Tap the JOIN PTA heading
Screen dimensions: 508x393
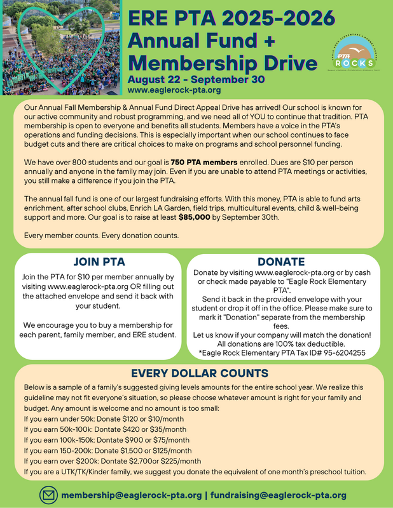pos(99,262)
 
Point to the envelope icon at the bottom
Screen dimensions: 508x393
pos(48,494)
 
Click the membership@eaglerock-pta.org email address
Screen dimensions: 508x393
pos(132,495)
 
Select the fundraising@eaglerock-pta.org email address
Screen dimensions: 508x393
pos(279,495)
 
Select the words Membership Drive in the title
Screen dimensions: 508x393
pos(222,63)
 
